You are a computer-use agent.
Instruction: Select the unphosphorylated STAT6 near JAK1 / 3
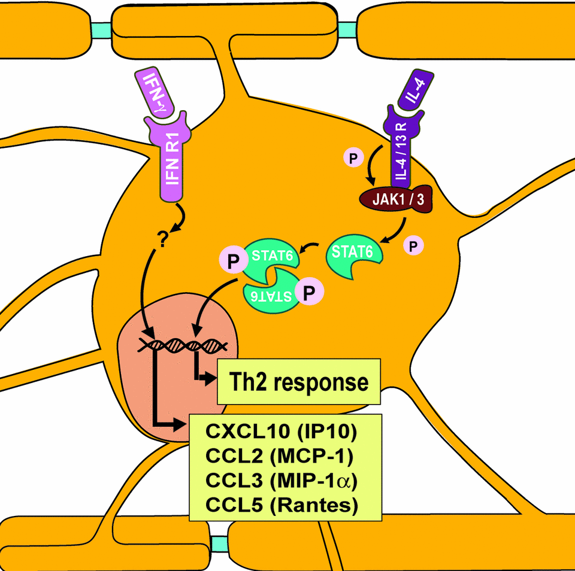pos(353,256)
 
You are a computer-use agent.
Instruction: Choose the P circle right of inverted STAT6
pos(310,293)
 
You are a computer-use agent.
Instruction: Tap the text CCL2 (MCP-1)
pos(279,457)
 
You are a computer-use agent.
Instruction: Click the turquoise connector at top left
pos(101,29)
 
